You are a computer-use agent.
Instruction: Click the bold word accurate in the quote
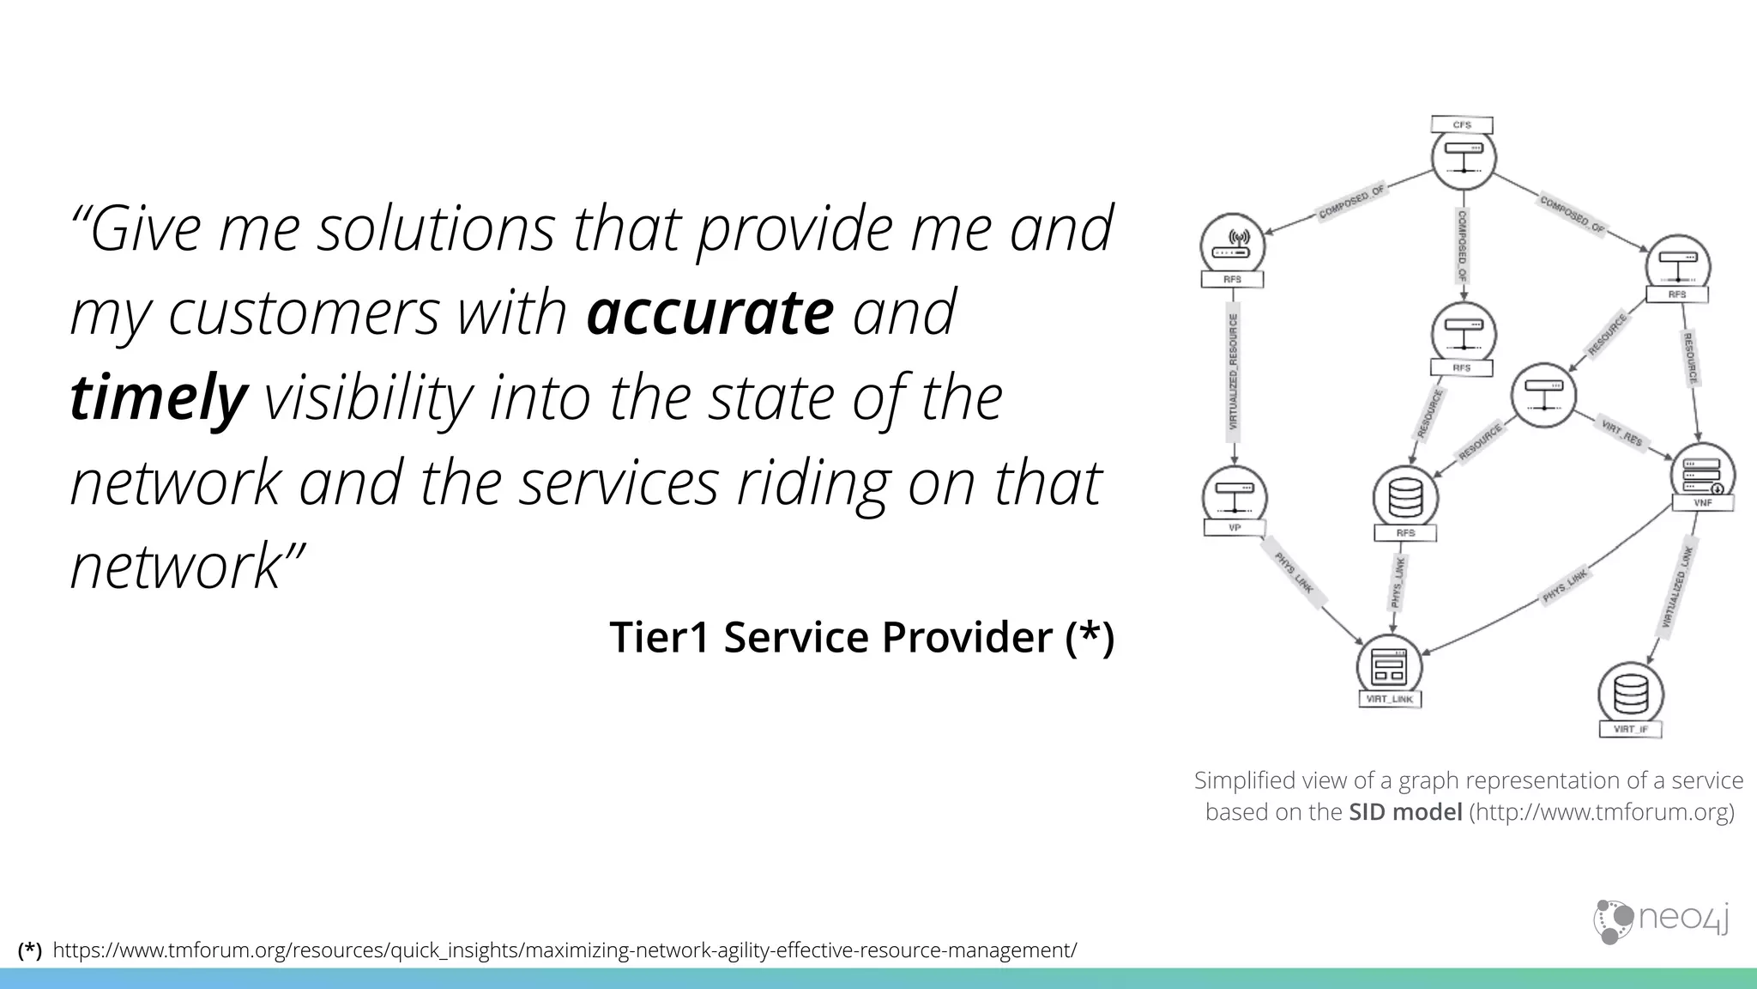click(709, 313)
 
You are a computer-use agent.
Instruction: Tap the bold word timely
click(158, 399)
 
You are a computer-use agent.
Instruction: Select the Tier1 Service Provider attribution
click(861, 637)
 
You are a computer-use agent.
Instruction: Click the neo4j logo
click(1661, 920)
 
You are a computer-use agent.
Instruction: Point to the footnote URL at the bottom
click(564, 950)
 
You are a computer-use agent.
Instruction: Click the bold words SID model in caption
click(1404, 812)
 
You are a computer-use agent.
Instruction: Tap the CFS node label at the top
click(1462, 125)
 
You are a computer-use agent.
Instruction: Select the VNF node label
click(1703, 503)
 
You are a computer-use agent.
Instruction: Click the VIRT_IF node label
click(1630, 730)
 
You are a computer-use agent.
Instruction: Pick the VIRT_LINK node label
click(1389, 700)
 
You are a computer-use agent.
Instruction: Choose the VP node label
click(1235, 528)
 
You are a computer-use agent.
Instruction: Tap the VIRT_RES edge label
click(1621, 432)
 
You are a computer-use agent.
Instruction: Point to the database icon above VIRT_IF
click(1630, 694)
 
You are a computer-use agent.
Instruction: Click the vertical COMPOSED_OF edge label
click(1462, 246)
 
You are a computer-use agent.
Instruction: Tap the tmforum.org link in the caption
click(1602, 812)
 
